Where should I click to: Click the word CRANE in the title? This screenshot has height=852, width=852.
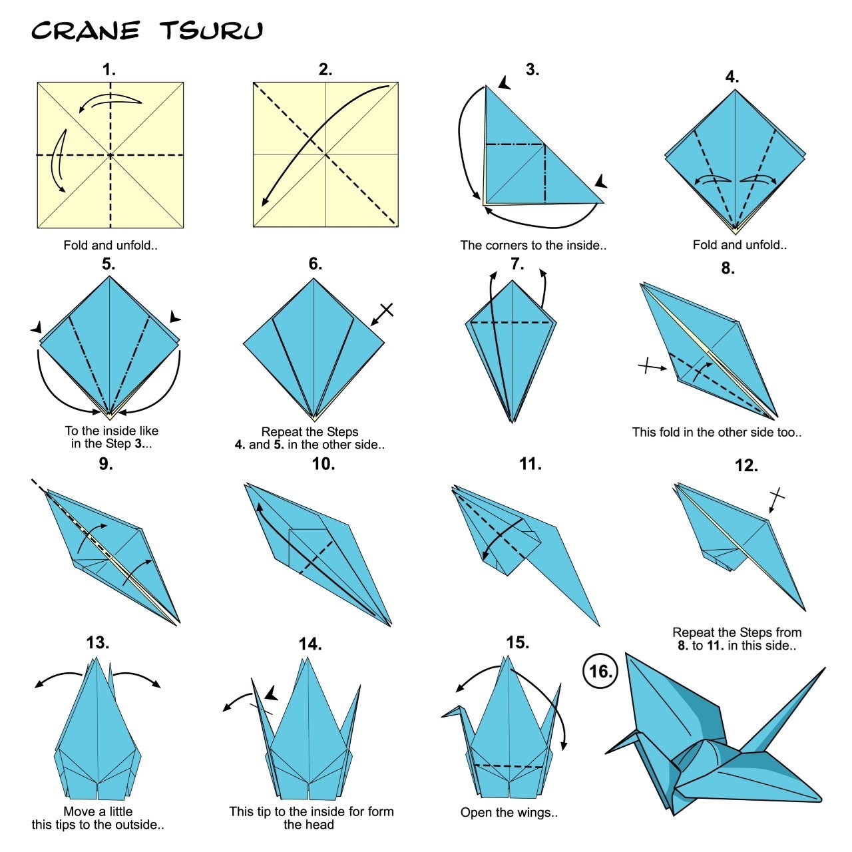pyautogui.click(x=85, y=31)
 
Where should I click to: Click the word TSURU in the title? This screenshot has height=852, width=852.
pyautogui.click(x=211, y=31)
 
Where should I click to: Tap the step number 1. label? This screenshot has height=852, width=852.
pyautogui.click(x=109, y=70)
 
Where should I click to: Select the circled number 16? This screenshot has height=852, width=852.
pyautogui.click(x=600, y=671)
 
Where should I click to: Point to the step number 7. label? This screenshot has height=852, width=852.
pyautogui.click(x=517, y=264)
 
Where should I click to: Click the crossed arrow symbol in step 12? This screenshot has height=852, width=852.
pyautogui.click(x=775, y=499)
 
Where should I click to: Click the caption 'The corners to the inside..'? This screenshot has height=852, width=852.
pyautogui.click(x=533, y=245)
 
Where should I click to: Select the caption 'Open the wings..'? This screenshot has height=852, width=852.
pyautogui.click(x=509, y=812)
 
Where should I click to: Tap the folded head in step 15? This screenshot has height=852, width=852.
pyautogui.click(x=453, y=713)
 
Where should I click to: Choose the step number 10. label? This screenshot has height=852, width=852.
pyautogui.click(x=323, y=464)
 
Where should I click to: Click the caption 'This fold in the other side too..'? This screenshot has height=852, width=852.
pyautogui.click(x=717, y=432)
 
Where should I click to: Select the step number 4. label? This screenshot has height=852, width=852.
pyautogui.click(x=732, y=77)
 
